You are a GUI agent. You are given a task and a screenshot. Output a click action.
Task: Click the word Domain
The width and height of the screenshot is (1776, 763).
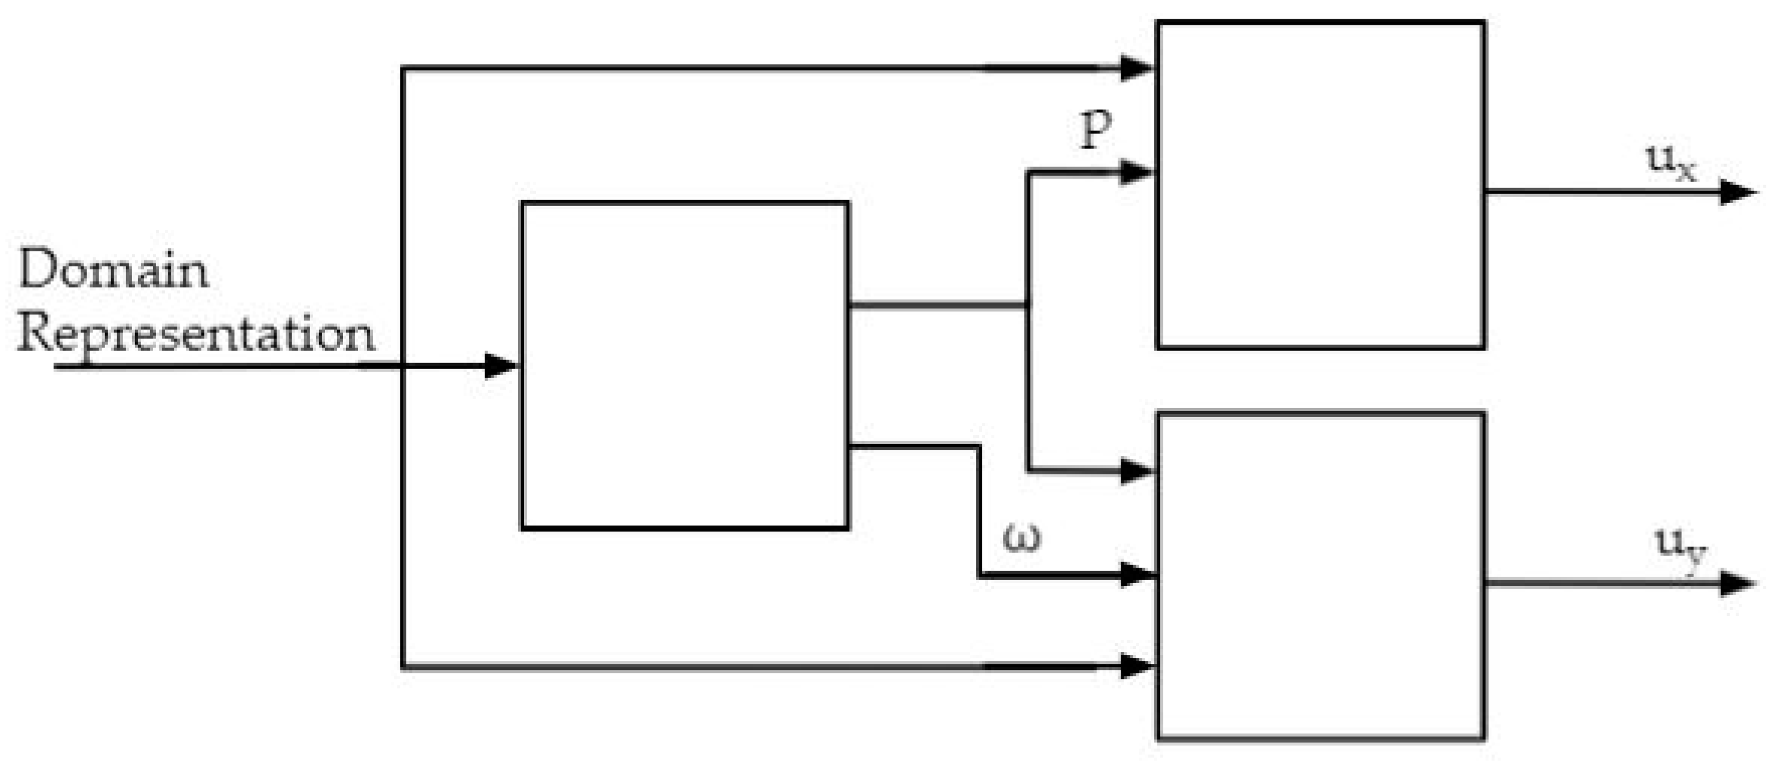114,269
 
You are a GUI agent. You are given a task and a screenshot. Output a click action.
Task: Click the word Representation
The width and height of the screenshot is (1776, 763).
197,334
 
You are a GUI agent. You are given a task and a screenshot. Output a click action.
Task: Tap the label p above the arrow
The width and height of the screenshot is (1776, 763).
1095,129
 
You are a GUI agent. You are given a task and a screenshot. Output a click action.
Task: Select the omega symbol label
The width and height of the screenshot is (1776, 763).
1021,538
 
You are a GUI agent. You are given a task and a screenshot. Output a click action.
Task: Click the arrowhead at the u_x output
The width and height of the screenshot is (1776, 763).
1738,192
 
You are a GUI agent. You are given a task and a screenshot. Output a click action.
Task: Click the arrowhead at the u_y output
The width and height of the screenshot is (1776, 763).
1738,583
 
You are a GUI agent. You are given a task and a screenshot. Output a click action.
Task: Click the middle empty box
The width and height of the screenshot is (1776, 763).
685,365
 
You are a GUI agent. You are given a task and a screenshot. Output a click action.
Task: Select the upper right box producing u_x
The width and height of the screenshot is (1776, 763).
1320,184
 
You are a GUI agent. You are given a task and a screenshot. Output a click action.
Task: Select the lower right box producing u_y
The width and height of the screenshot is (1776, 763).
1320,576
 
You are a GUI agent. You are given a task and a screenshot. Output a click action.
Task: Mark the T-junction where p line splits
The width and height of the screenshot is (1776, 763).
1028,304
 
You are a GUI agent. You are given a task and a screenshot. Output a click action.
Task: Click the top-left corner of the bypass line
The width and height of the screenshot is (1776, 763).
403,68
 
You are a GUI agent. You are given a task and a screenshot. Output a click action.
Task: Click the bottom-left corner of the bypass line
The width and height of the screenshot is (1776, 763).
403,667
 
